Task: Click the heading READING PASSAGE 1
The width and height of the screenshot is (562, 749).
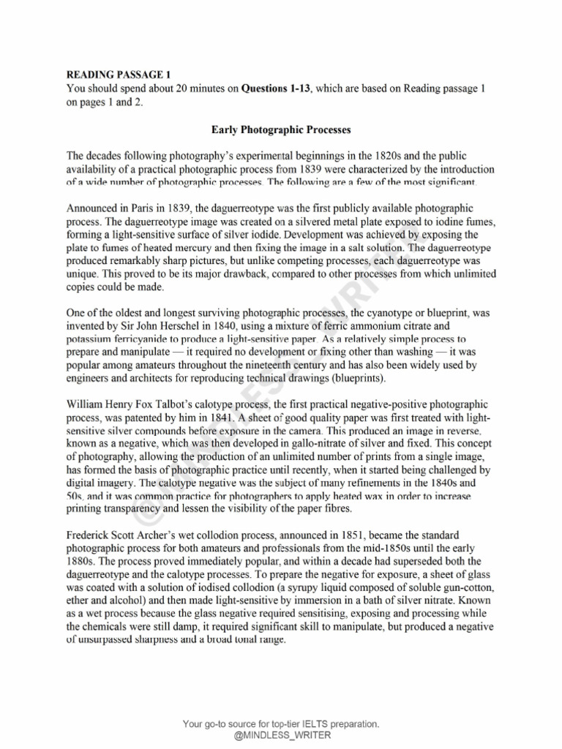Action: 118,75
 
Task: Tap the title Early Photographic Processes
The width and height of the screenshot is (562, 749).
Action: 281,130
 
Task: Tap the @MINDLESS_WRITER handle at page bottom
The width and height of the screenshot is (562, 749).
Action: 281,735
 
